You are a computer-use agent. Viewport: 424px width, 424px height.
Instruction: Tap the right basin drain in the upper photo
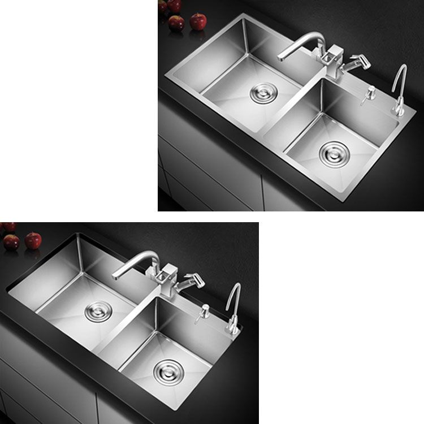coord(334,153)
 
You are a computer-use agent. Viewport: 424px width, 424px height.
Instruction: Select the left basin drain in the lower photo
coord(98,310)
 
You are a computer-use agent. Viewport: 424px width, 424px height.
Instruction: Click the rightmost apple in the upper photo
coord(198,21)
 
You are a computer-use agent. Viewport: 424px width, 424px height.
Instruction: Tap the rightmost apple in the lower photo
coord(33,241)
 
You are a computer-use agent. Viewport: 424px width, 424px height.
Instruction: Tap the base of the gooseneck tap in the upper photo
coord(399,109)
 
